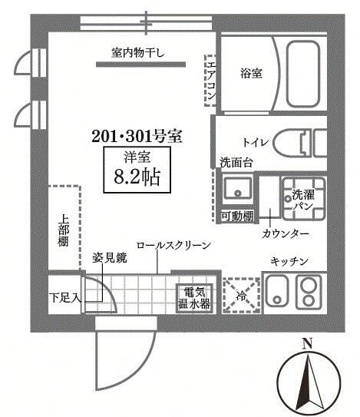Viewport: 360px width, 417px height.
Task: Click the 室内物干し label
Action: tap(143, 53)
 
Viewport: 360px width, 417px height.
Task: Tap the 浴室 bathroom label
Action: tap(251, 74)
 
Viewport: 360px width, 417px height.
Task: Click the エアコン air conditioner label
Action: tap(209, 80)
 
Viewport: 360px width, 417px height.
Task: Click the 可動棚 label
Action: tap(236, 217)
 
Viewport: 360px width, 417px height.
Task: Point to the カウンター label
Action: tap(285, 233)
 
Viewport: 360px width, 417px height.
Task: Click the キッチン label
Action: tap(289, 262)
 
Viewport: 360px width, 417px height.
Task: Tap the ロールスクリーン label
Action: tap(173, 245)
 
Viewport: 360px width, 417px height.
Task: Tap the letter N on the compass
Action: tap(306, 343)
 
